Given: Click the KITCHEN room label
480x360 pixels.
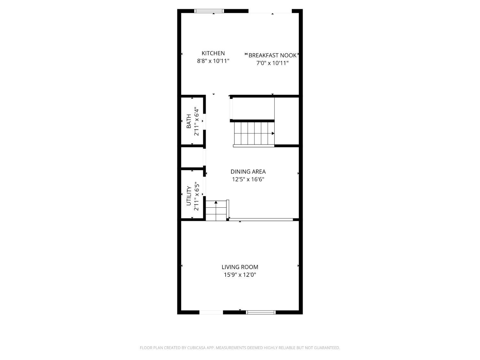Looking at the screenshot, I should click(x=213, y=53).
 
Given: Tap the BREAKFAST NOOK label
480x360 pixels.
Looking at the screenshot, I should click(x=272, y=55).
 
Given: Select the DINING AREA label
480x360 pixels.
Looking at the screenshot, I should click(x=248, y=172).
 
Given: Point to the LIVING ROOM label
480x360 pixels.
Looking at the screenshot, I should click(x=240, y=267).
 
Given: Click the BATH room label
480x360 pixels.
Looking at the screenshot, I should click(x=189, y=121).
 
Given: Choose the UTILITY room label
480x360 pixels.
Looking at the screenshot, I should click(x=189, y=196).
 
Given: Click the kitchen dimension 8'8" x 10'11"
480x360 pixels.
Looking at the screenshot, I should click(x=213, y=61).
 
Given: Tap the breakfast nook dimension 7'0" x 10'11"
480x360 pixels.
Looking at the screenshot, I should click(x=272, y=63).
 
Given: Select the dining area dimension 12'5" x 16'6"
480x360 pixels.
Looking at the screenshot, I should click(x=248, y=180).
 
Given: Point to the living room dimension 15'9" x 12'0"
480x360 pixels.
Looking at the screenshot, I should click(x=240, y=275).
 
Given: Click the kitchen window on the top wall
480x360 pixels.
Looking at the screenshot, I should click(x=210, y=11).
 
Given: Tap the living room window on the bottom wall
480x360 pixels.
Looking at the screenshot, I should click(x=261, y=312).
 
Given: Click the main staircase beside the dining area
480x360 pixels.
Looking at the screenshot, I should click(x=254, y=133).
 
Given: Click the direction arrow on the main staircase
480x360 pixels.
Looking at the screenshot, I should click(x=273, y=133).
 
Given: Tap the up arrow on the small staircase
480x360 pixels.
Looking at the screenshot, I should click(x=216, y=202).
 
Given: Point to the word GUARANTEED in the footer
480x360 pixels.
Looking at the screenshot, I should click(x=328, y=348).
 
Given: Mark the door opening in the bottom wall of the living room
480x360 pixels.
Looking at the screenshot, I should click(x=211, y=312).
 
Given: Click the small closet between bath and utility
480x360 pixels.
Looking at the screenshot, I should click(x=192, y=157).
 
